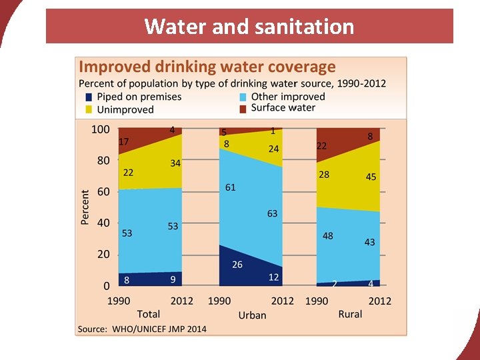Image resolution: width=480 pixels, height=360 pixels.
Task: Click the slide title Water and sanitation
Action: (249, 27)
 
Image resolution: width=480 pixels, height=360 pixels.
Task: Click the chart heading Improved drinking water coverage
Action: (207, 67)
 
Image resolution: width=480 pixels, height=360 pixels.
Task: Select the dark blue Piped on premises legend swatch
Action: (89, 97)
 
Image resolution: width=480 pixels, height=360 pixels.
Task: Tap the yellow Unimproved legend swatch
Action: (89, 109)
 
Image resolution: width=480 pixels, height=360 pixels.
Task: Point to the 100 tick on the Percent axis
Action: (100, 129)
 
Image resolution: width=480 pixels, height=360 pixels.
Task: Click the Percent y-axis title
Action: (85, 207)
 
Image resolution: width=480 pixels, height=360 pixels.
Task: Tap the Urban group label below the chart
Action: (252, 315)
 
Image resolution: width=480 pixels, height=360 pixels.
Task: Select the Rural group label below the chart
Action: (350, 314)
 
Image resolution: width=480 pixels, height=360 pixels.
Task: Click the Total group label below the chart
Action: (149, 314)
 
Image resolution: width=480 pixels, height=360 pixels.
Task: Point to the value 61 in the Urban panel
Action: (230, 188)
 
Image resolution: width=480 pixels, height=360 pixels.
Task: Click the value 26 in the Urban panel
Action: (237, 265)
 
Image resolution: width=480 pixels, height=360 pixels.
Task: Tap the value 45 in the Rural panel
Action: (371, 177)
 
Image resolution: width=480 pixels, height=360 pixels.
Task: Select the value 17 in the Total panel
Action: (124, 142)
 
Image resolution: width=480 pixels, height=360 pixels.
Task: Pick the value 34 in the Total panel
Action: (175, 163)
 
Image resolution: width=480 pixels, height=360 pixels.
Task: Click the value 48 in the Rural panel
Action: (328, 236)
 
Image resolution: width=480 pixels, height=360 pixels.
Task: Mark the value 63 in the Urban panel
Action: (272, 214)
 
